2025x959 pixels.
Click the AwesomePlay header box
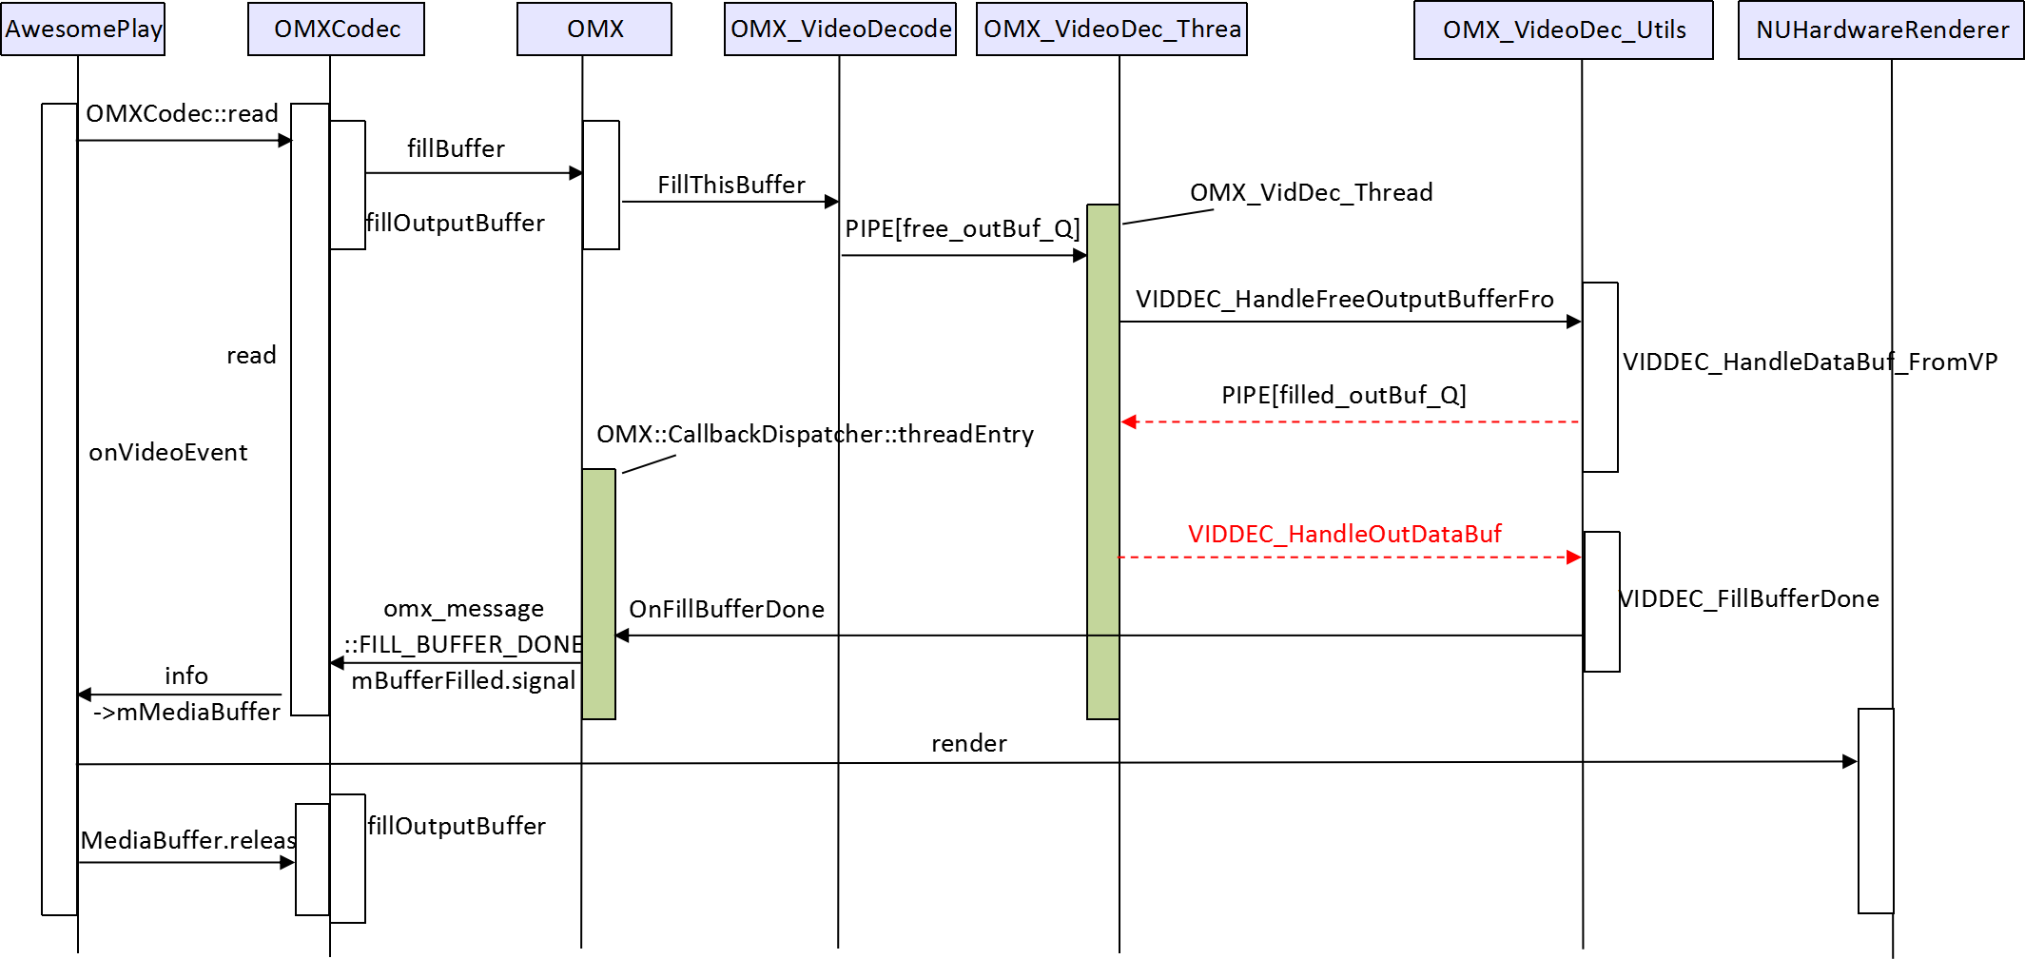pos(83,29)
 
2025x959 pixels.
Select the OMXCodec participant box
pos(336,29)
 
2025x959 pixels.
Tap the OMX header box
pos(594,29)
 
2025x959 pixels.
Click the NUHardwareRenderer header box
pos(1880,30)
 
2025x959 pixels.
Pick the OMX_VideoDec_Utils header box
pos(1563,30)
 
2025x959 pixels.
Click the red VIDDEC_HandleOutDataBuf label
pos(1344,534)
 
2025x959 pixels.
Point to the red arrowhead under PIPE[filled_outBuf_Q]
pos(1129,421)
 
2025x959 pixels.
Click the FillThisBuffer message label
pos(730,185)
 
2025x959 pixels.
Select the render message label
pos(968,743)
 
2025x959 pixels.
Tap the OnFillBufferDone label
pos(726,609)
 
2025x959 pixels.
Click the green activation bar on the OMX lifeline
pos(598,594)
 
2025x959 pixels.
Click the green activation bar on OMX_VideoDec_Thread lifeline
pos(1102,461)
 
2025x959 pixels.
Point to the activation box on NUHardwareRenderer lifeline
pos(1876,811)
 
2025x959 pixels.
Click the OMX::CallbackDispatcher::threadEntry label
pos(814,434)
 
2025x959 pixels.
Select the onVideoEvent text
pos(167,452)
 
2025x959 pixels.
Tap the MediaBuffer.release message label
pos(188,840)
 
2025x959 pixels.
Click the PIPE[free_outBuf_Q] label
pos(962,228)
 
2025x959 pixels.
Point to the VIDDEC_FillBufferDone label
pos(1749,598)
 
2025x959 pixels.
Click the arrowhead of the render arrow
pos(1850,761)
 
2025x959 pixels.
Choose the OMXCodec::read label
pos(182,113)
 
